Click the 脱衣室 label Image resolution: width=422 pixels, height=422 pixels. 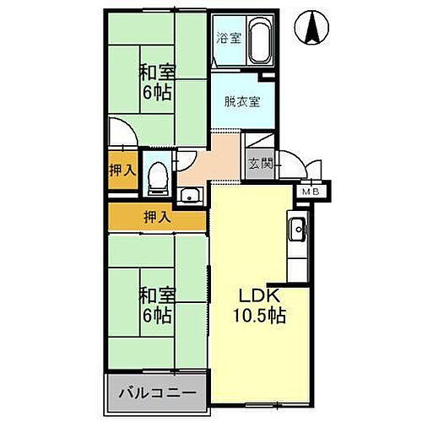(242, 102)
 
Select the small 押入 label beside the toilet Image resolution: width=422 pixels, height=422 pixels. (122, 170)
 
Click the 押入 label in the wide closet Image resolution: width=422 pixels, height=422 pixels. (156, 217)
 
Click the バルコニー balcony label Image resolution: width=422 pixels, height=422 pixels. (156, 393)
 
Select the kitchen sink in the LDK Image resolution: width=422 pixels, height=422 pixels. (297, 228)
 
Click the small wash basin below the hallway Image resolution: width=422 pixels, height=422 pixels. (189, 197)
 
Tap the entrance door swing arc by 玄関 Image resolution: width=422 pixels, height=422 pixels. (292, 160)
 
